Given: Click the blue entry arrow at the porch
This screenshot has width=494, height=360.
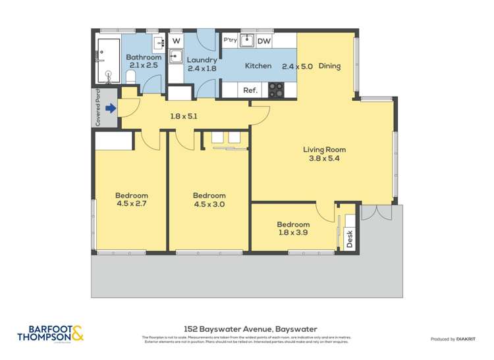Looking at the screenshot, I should pyautogui.click(x=111, y=109).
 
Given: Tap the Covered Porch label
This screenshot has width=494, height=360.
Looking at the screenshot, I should pyautogui.click(x=98, y=107).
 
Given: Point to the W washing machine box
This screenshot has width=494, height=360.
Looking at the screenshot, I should pyautogui.click(x=176, y=40).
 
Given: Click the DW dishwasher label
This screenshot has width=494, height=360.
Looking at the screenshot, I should pyautogui.click(x=263, y=41).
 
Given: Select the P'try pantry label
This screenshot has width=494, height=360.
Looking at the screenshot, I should pyautogui.click(x=230, y=40).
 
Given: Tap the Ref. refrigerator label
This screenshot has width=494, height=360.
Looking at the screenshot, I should pyautogui.click(x=250, y=90).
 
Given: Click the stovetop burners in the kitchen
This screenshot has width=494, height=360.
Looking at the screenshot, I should pyautogui.click(x=277, y=90).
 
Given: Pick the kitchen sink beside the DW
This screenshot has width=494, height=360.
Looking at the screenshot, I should pyautogui.click(x=247, y=41).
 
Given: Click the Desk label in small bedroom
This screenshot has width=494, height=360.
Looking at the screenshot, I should pyautogui.click(x=349, y=235).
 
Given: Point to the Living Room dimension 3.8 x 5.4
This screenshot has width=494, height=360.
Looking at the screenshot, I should pyautogui.click(x=324, y=159).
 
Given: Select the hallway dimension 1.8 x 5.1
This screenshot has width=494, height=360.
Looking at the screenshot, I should pyautogui.click(x=184, y=116).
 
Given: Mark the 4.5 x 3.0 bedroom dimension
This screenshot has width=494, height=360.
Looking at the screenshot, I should pyautogui.click(x=209, y=204).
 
